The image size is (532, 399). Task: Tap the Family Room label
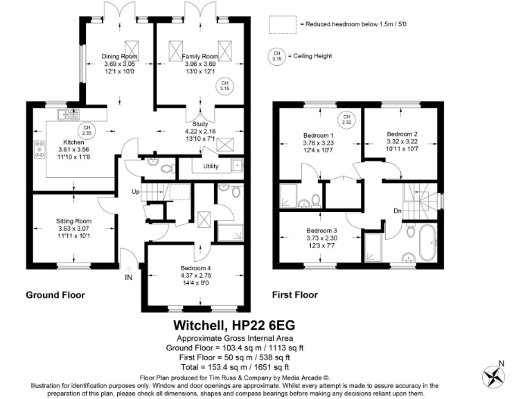[x=200, y=56]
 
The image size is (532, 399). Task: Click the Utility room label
[x=211, y=167]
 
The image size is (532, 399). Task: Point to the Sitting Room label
[x=73, y=222]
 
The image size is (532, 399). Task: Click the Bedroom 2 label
[x=402, y=134]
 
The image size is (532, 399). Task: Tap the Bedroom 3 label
[x=321, y=231]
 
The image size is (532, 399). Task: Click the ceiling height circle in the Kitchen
[x=87, y=130]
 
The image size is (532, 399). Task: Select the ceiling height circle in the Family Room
[x=224, y=87]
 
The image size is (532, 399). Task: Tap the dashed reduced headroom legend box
[x=283, y=24]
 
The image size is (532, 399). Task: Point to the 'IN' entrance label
[x=128, y=278]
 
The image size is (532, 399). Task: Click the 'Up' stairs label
[x=137, y=192]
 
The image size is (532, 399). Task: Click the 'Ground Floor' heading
[x=55, y=295]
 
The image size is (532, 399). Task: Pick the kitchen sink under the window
[x=71, y=113]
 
